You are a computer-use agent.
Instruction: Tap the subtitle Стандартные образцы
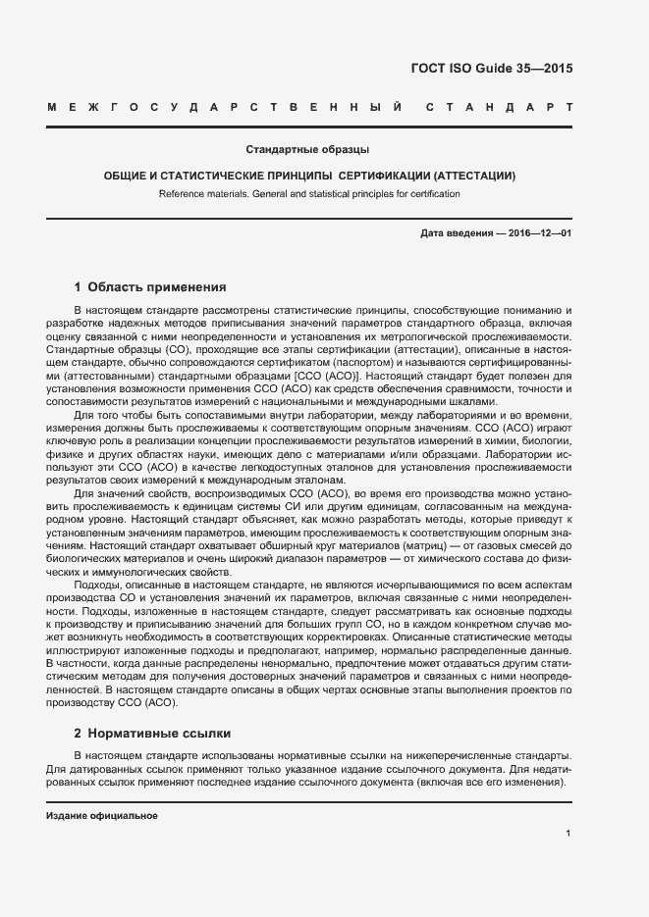coord(306,150)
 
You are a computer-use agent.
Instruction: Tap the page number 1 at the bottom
coord(568,834)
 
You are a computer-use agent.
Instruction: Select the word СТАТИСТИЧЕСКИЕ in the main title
coord(206,176)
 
